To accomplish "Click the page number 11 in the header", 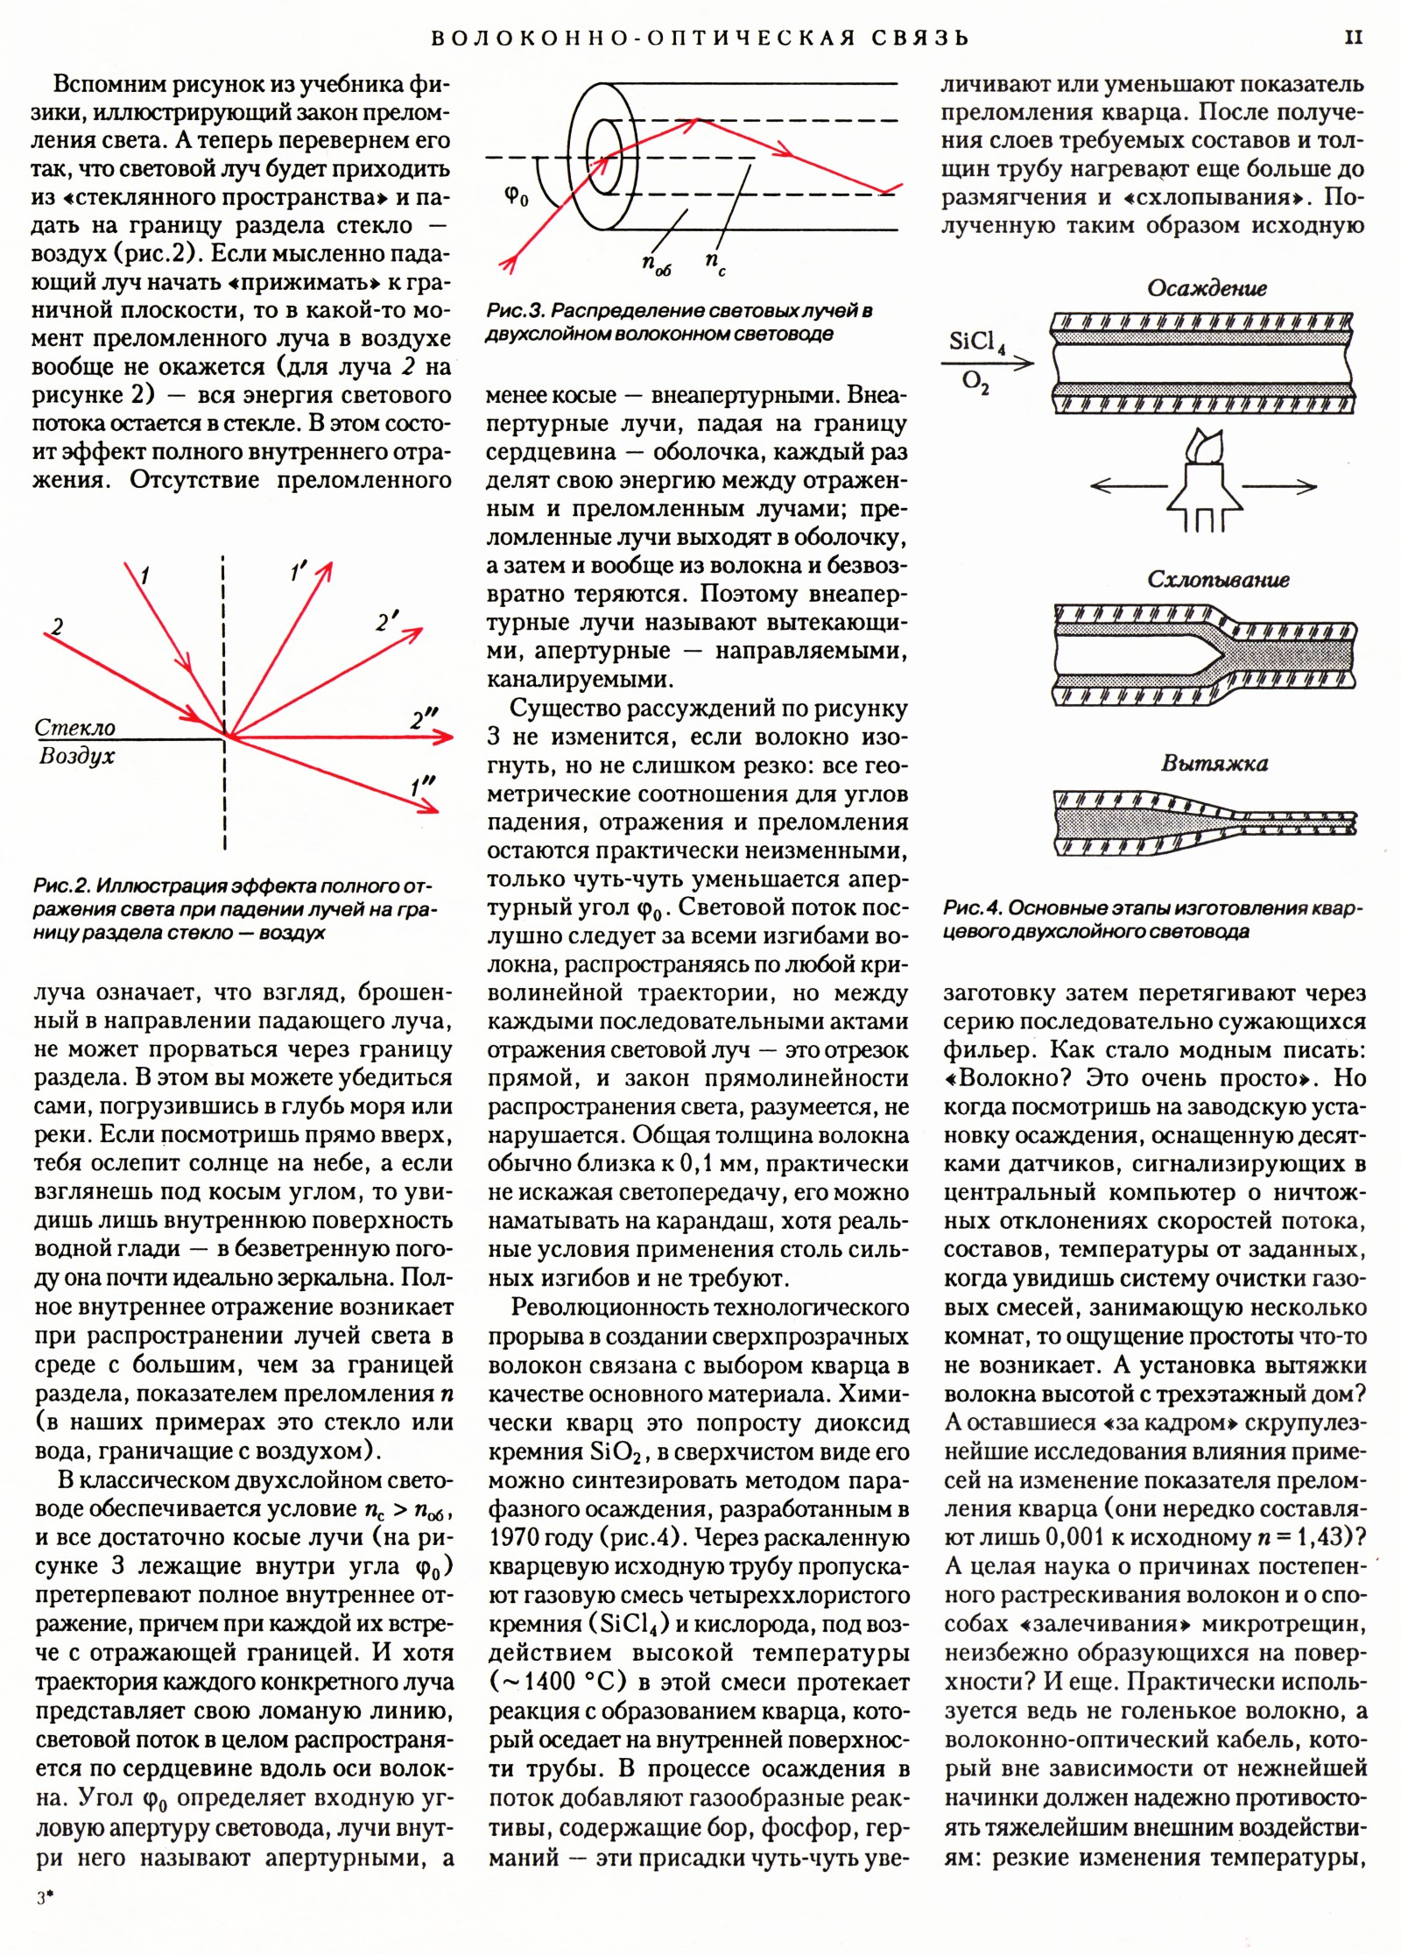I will coord(1353,37).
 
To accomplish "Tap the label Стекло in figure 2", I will coord(75,728).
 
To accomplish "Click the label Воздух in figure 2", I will coord(77,756).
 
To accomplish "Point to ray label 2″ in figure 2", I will coord(424,721).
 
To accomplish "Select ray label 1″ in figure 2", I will coord(423,787).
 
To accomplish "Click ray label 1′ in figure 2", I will coord(299,573).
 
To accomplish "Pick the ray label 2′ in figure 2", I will coord(387,623).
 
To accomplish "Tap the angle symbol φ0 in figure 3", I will coord(517,196).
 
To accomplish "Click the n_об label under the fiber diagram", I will coord(656,264).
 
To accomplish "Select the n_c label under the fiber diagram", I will coord(715,262).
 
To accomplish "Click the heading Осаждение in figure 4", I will coord(1207,288).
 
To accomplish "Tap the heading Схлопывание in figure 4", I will coord(1218,580).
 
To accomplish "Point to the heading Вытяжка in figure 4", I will coord(1214,764).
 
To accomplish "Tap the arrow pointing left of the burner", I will coord(1129,486).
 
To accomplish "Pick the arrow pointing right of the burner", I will coord(1279,486).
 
